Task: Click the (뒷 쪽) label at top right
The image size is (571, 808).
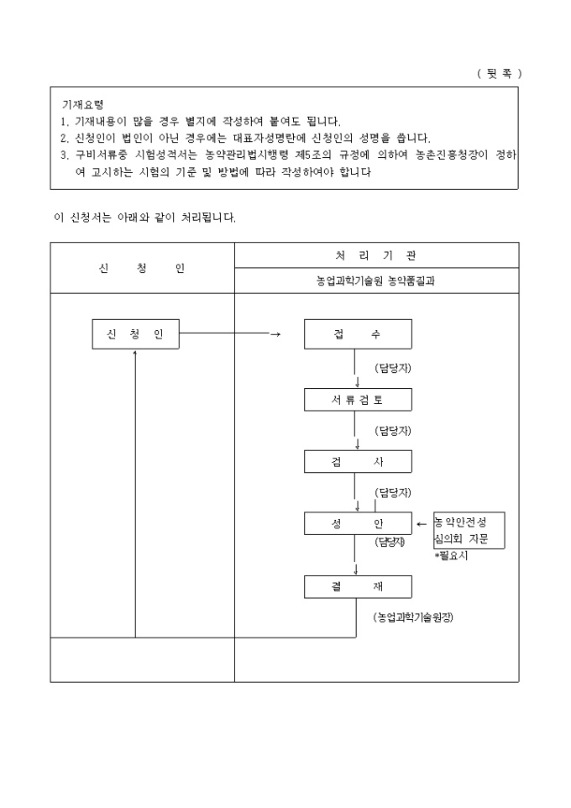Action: pos(499,73)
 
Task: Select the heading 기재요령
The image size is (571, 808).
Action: pos(82,105)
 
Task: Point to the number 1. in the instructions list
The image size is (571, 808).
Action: pos(65,122)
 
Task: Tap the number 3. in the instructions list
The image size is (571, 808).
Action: pos(65,155)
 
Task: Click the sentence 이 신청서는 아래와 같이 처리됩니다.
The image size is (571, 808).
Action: pos(144,218)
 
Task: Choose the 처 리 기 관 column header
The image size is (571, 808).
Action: pos(375,254)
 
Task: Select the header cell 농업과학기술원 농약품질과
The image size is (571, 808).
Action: pos(375,281)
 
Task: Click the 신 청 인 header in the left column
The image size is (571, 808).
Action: pos(142,268)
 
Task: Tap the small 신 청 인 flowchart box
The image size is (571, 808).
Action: pos(135,334)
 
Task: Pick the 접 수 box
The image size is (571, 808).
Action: pos(358,334)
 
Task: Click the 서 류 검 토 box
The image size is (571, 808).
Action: pos(358,400)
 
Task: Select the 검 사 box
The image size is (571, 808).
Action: pos(358,461)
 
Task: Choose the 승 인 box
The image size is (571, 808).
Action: pos(358,524)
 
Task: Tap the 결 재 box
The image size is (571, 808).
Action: pos(358,586)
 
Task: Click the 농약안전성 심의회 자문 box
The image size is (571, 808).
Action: pos(469,530)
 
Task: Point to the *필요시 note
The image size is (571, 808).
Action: pos(451,556)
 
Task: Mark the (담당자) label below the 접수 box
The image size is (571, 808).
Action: pos(393,368)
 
